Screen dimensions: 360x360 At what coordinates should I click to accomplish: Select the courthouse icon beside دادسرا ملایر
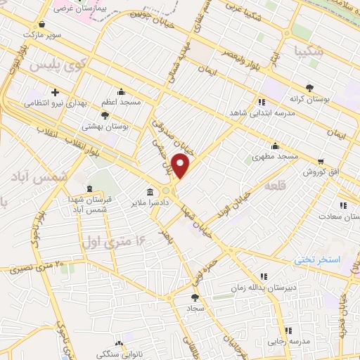(x=150, y=191)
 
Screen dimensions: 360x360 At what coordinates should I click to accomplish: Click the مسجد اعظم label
(x=121, y=102)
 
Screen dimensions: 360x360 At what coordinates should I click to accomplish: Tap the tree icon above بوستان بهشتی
(x=105, y=115)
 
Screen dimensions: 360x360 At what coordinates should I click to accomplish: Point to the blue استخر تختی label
(x=316, y=260)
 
